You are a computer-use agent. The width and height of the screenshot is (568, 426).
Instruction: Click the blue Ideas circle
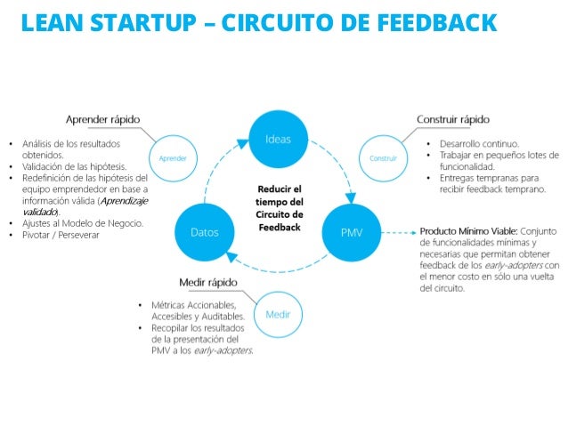click(x=278, y=140)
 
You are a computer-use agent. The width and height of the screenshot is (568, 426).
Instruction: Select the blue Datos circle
click(x=206, y=232)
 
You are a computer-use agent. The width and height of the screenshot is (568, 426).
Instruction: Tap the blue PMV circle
click(x=352, y=232)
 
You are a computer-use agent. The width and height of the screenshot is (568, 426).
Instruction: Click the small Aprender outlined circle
click(x=173, y=158)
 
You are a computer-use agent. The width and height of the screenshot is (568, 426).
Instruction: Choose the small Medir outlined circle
click(x=279, y=314)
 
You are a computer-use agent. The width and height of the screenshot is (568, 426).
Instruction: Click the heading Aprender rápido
click(x=103, y=120)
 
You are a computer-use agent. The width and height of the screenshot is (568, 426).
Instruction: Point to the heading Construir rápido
click(x=453, y=120)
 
